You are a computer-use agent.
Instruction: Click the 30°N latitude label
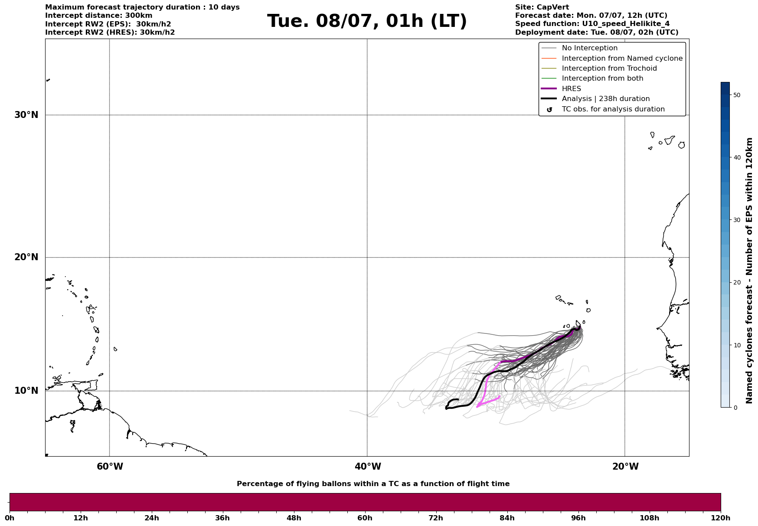point(26,115)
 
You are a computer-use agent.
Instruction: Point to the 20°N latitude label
point(26,257)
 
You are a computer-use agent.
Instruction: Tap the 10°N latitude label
point(26,391)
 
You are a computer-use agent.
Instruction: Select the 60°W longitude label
point(110,467)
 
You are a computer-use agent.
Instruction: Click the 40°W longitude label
point(368,467)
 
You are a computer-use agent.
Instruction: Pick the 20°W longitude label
point(625,467)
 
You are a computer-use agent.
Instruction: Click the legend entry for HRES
point(571,89)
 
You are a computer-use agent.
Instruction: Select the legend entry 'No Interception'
point(589,48)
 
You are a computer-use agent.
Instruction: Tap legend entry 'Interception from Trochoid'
point(609,69)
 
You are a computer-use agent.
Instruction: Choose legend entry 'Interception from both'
point(602,78)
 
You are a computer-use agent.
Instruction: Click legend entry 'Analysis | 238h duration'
point(605,99)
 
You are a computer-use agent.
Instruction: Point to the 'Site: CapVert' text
point(542,7)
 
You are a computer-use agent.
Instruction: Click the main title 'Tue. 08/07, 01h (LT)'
point(367,21)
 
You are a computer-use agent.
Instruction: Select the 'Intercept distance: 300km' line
point(99,16)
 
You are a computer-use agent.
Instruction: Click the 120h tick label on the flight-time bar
point(720,518)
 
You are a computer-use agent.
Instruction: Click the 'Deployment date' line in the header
point(596,33)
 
